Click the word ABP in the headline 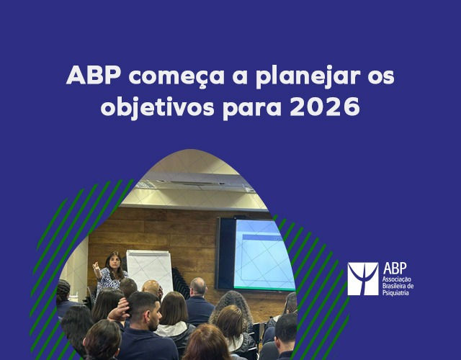(89, 76)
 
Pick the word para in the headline (244, 109)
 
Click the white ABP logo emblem (362, 279)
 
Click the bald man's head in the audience (197, 287)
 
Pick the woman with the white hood (174, 317)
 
